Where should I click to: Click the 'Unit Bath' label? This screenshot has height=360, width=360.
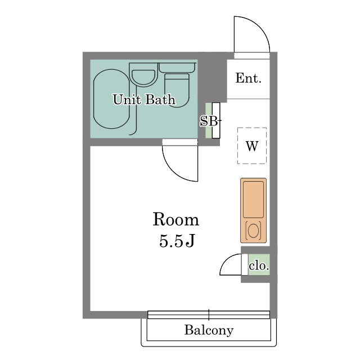coord(144,100)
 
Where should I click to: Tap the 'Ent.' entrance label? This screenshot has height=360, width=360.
coord(249,78)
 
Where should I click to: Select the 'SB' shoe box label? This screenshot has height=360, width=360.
coord(209,121)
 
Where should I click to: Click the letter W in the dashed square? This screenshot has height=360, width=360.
coord(252,146)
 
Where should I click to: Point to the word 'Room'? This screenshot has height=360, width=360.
coord(176,220)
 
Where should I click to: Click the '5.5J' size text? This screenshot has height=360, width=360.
coord(177,241)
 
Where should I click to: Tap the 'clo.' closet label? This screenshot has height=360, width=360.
coord(259,265)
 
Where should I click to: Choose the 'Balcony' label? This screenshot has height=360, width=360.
coord(209,330)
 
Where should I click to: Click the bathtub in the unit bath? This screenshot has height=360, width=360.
coord(112,99)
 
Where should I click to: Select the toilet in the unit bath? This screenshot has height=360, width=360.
coord(177,85)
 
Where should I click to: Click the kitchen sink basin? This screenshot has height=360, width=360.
coord(253,199)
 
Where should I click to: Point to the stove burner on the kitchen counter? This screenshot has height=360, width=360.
coord(253,230)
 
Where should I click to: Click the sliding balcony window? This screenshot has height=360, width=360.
coord(209,314)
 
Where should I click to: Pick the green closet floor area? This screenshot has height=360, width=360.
coord(259,264)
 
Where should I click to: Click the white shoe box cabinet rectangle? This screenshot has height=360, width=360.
coord(216,120)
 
